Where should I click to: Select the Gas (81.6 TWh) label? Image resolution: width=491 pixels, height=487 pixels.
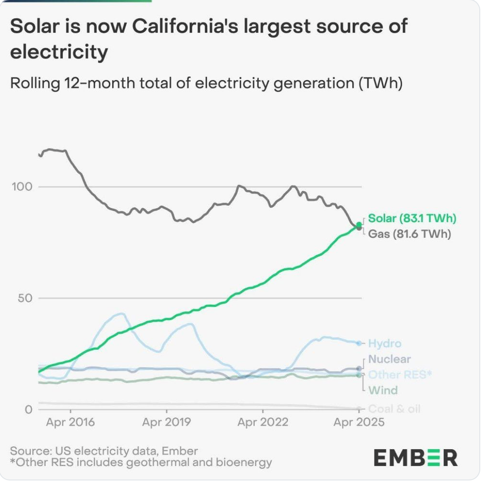point(409,234)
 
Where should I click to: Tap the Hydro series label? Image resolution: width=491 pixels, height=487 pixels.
point(384,344)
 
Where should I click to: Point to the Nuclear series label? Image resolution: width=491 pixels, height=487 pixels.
point(390,359)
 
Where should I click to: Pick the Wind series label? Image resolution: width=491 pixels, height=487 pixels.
point(383,390)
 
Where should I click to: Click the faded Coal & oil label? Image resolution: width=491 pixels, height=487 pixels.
point(394,409)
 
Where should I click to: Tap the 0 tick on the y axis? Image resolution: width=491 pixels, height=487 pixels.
point(28,409)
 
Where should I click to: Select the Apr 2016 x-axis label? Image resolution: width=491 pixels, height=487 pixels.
point(70,423)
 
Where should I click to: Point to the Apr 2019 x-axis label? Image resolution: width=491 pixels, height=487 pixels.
point(166,423)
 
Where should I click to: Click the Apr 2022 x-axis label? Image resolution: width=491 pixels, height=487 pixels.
point(263,423)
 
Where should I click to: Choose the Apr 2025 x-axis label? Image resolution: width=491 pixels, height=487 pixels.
point(359,423)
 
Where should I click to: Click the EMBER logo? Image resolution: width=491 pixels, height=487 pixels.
point(416,458)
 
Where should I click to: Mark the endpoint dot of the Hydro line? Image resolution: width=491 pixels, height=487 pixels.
point(359,344)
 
